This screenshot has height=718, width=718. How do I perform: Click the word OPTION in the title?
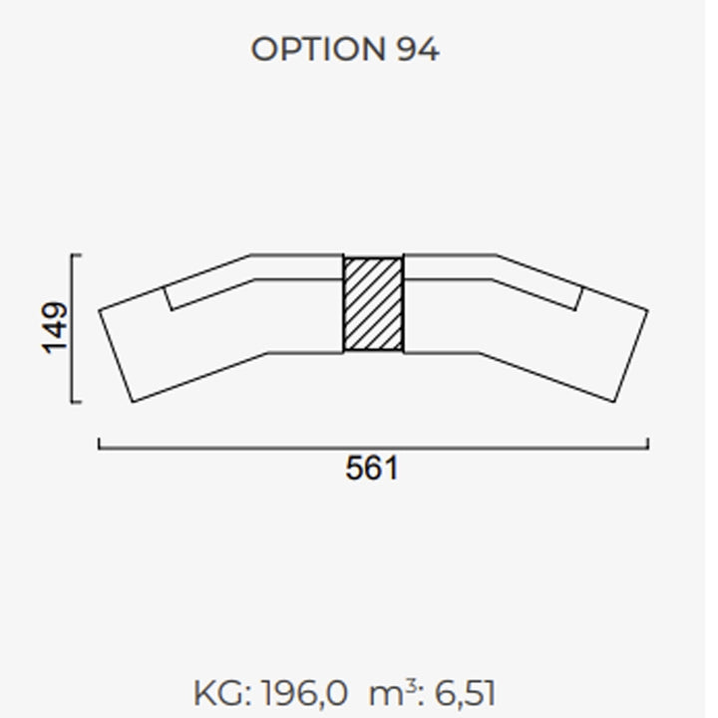pyautogui.click(x=318, y=49)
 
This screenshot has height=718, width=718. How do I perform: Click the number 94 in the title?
pyautogui.click(x=418, y=49)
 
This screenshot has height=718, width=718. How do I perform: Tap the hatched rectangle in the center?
pyautogui.click(x=373, y=304)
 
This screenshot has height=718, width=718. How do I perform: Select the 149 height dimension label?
pyautogui.click(x=55, y=328)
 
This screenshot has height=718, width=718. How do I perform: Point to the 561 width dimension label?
pyautogui.click(x=372, y=468)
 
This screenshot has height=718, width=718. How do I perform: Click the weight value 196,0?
pyautogui.click(x=304, y=694)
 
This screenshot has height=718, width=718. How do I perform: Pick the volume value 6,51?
pyautogui.click(x=465, y=694)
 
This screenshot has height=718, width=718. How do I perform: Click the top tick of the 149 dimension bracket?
pyautogui.click(x=77, y=254)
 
